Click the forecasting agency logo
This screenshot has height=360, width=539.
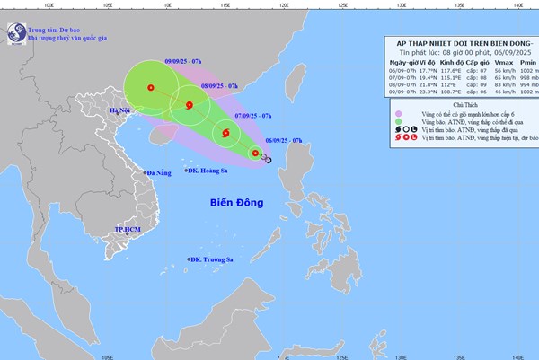point(15,32)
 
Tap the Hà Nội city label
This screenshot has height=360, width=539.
point(119,110)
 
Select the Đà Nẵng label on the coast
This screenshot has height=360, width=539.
point(155,171)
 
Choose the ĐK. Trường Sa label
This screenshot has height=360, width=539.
point(212,259)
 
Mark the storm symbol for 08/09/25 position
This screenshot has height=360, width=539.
point(190,107)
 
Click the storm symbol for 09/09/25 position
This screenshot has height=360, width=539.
point(151,88)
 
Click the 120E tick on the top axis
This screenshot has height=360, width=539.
point(283,4)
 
